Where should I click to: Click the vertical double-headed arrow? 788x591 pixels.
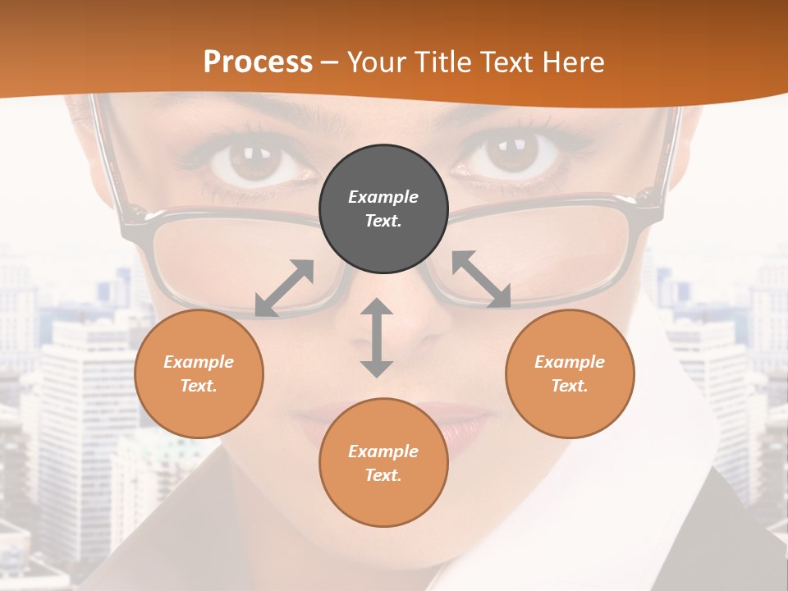click(x=377, y=338)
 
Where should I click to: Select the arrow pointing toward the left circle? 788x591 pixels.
click(x=285, y=288)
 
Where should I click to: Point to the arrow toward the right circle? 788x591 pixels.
click(x=481, y=279)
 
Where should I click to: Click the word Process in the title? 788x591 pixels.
click(x=258, y=62)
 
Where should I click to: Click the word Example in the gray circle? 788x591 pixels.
click(x=383, y=197)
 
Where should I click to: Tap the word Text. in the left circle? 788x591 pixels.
click(x=199, y=386)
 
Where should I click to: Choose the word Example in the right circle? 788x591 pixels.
click(x=570, y=362)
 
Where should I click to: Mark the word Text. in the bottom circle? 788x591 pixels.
click(x=383, y=475)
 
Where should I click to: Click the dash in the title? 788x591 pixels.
click(x=330, y=62)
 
